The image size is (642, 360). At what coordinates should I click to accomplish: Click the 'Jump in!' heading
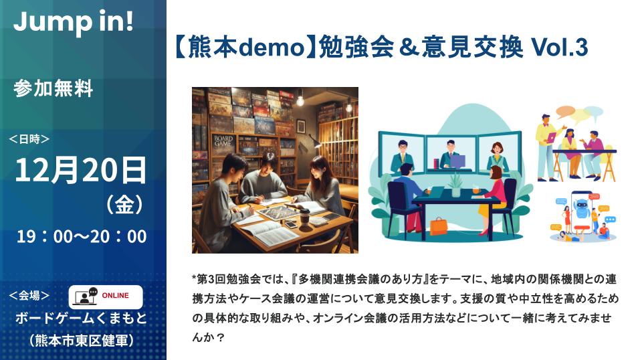(74, 22)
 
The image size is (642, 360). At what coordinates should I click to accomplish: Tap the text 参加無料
(53, 88)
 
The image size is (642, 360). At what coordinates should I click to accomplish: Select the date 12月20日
(81, 170)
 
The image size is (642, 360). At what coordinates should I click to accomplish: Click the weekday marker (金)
(124, 204)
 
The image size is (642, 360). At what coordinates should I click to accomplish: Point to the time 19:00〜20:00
(82, 237)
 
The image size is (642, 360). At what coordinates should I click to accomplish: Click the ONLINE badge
(106, 297)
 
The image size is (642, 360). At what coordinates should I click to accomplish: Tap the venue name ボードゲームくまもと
(81, 319)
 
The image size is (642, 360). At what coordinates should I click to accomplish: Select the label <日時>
(29, 139)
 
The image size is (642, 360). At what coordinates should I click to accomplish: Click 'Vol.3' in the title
(559, 47)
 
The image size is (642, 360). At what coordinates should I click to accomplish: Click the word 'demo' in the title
(272, 47)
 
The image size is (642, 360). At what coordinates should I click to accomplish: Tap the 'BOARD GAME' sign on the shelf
(223, 141)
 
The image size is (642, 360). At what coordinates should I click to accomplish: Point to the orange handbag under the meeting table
(439, 226)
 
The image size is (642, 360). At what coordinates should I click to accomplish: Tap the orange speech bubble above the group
(566, 110)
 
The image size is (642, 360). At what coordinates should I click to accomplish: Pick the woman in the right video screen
(497, 156)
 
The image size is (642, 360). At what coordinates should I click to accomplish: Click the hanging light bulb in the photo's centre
(300, 100)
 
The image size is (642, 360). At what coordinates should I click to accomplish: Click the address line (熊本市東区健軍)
(81, 340)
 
